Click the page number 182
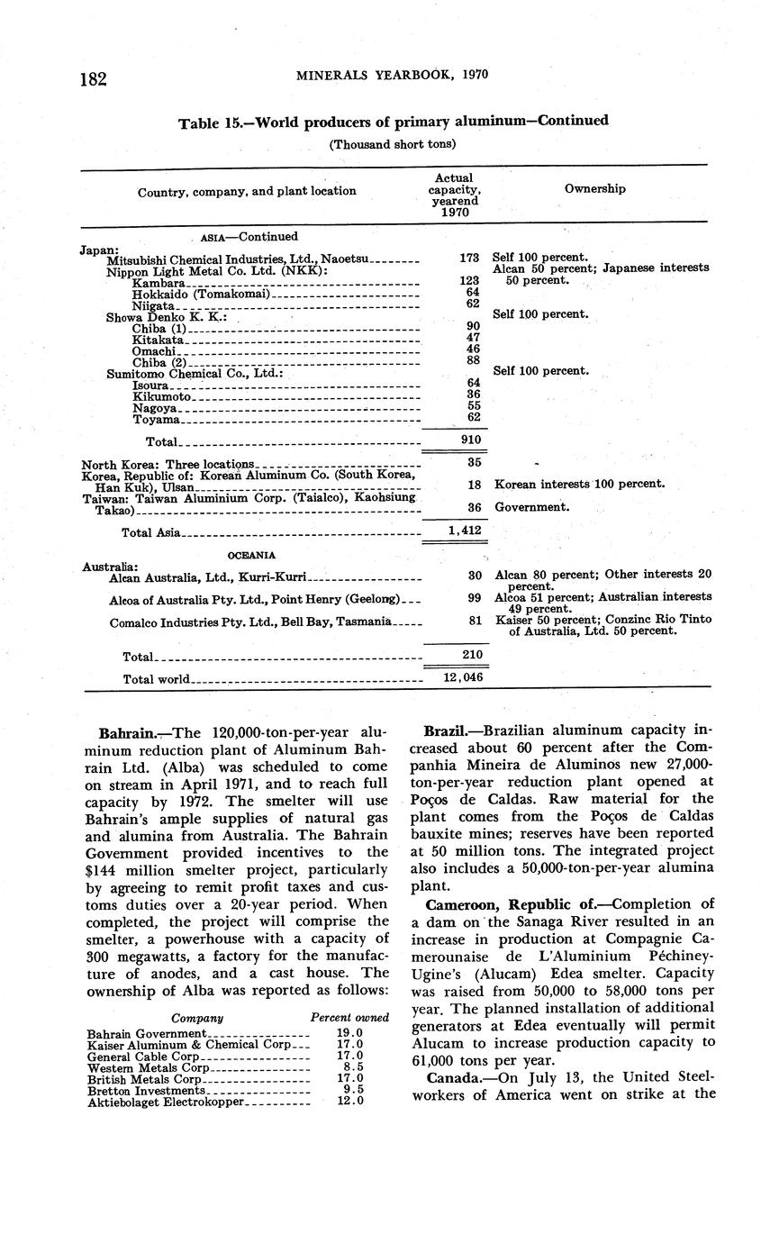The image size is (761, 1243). coord(93,78)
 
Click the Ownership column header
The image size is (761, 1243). coord(594,189)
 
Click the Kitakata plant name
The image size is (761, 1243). coord(158,340)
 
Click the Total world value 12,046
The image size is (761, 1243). coord(464,676)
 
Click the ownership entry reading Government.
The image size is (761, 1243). coord(532,507)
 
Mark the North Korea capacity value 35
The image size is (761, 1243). coord(475,463)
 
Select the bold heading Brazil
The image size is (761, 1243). coord(445,730)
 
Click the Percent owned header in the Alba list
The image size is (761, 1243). coord(349,1017)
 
